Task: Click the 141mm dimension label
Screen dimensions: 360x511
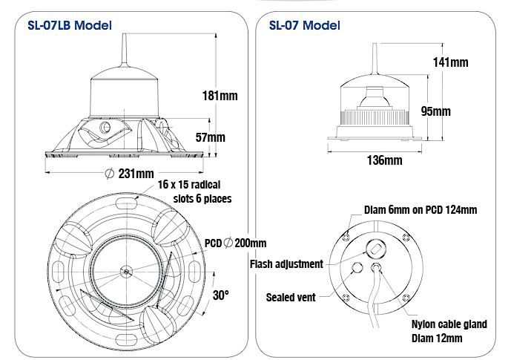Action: pos(450,62)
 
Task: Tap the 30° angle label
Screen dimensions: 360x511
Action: pos(221,295)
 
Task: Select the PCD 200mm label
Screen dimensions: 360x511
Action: pos(236,243)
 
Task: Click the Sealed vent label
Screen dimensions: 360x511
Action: pos(291,297)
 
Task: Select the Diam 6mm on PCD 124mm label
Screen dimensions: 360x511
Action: pos(420,210)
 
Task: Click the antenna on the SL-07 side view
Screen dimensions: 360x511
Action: pos(374,59)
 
